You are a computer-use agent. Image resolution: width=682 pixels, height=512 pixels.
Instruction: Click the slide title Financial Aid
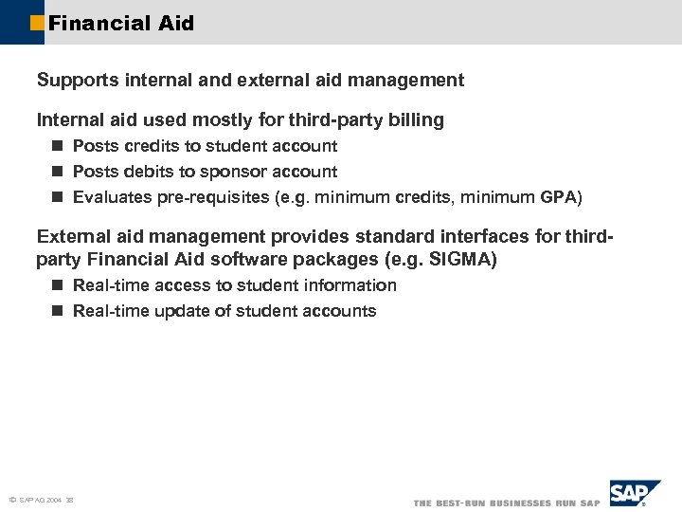(120, 23)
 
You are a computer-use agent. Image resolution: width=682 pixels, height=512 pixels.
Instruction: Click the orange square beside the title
(37, 23)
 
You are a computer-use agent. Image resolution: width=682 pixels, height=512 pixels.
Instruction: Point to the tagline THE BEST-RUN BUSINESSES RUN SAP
(507, 502)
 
